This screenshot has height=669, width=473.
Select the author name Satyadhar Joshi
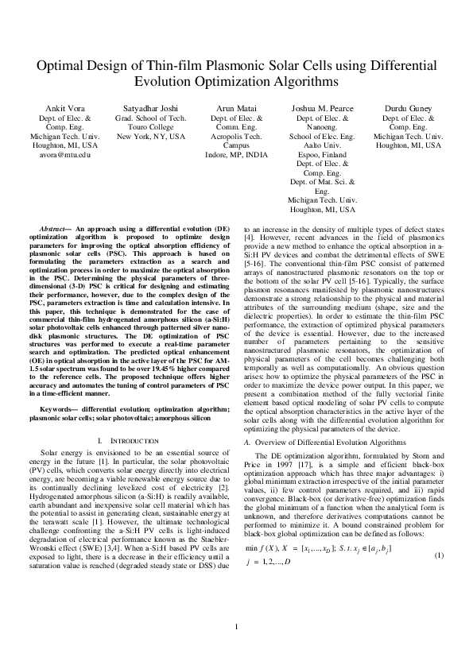pyautogui.click(x=151, y=107)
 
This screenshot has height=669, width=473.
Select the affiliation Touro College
pyautogui.click(x=151, y=126)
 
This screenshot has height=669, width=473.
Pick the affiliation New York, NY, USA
pyautogui.click(x=151, y=136)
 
